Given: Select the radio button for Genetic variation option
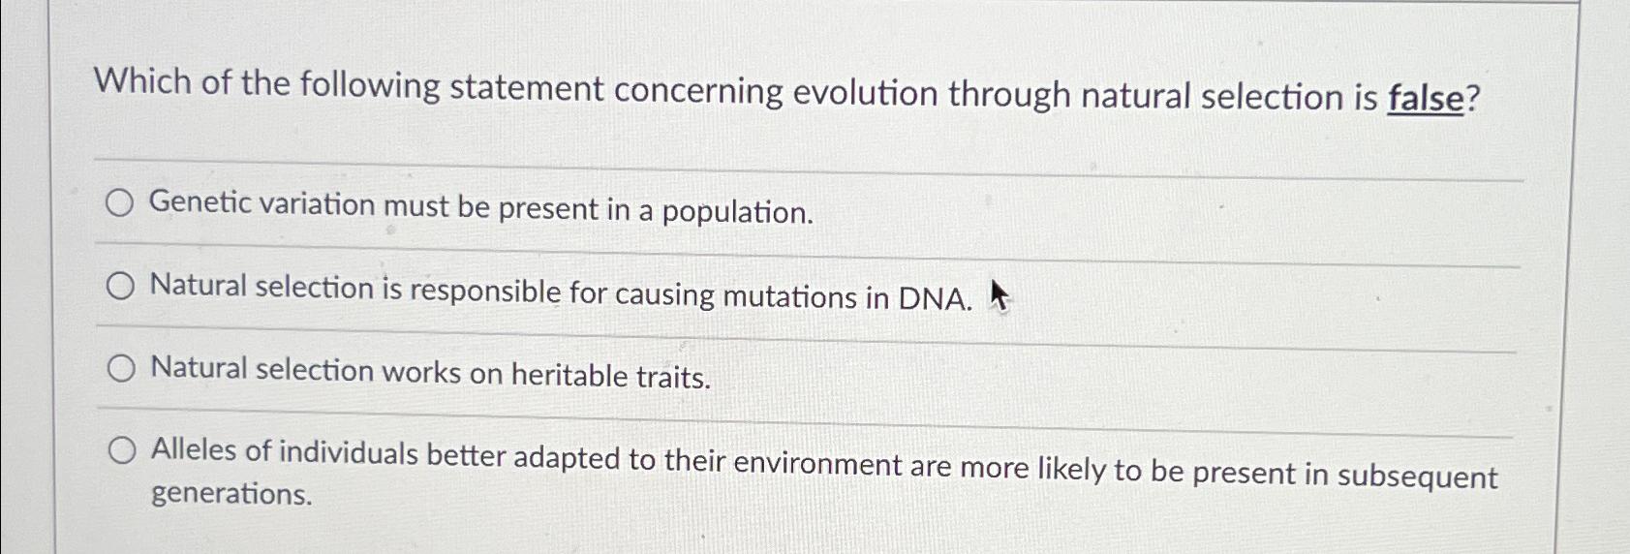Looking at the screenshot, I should (x=120, y=203).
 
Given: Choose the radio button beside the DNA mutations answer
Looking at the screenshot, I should (x=120, y=286).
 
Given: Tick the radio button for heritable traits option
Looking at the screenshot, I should (x=121, y=369).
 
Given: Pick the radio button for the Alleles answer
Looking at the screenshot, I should (x=122, y=450).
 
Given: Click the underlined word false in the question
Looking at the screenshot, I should (x=1425, y=99).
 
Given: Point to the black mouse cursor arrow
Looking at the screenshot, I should (x=999, y=295).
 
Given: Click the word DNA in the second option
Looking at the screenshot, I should (x=935, y=298).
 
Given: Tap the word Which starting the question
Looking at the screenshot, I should (x=142, y=81).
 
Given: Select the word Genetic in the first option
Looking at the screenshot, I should (x=198, y=202).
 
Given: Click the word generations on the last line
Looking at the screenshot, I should (x=231, y=494).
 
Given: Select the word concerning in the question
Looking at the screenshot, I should (x=698, y=90).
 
